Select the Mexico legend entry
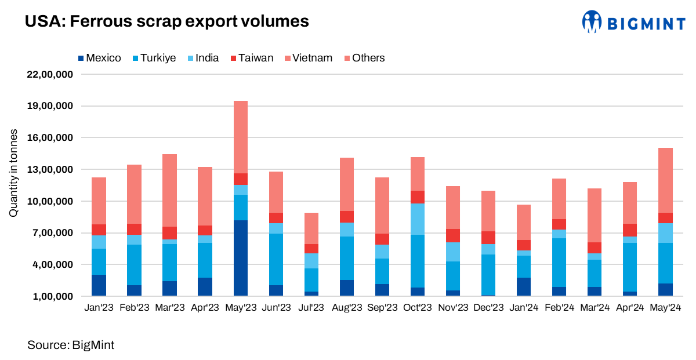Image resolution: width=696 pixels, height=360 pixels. point(99,58)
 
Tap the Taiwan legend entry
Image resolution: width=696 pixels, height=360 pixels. point(251,58)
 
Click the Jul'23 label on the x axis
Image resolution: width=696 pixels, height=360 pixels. point(311,308)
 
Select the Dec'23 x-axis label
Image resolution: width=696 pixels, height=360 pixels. point(488,308)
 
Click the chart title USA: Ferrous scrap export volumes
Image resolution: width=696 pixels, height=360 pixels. point(166,22)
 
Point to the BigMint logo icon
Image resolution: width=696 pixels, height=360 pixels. point(592,22)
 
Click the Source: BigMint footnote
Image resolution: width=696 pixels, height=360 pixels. point(71,346)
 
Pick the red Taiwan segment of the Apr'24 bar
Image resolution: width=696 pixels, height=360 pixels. point(630,230)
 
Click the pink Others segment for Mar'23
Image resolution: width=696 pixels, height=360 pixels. point(169,190)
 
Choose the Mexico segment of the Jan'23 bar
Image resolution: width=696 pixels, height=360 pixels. point(99,285)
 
